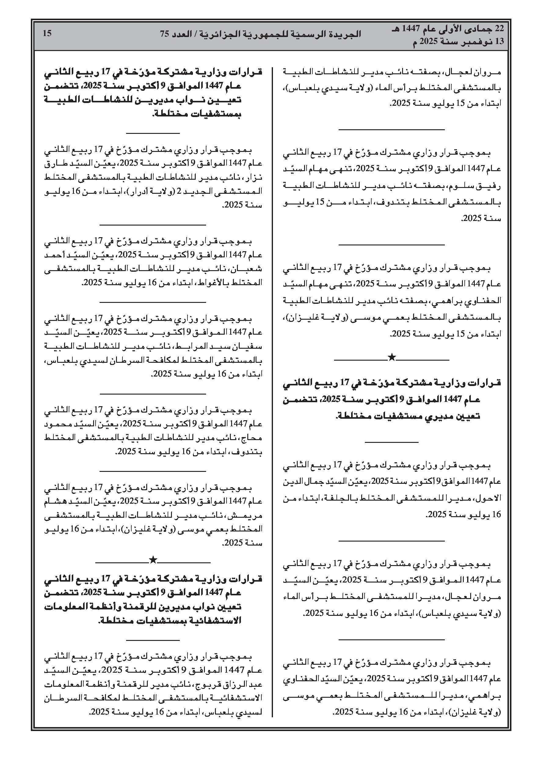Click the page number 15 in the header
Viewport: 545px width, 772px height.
point(47,33)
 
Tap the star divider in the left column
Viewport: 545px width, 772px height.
point(153,560)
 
